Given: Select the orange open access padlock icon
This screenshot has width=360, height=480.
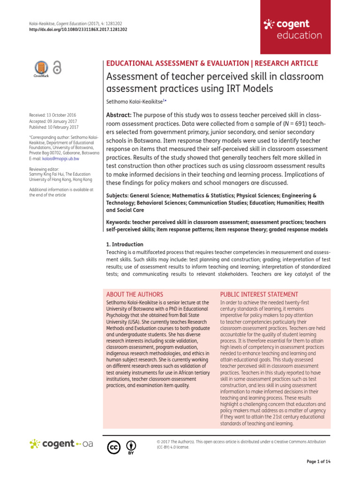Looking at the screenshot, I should pyautogui.click(x=57, y=68).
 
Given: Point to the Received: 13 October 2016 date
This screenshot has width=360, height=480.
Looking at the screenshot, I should pyautogui.click(x=52, y=115).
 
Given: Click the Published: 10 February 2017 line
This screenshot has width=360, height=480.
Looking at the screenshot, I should pyautogui.click(x=53, y=127).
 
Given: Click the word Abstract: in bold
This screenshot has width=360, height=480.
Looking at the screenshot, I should pyautogui.click(x=120, y=115).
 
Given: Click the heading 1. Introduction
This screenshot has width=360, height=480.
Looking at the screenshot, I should pyautogui.click(x=125, y=244).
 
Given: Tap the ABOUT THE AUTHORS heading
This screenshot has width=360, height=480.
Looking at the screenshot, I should pyautogui.click(x=135, y=294).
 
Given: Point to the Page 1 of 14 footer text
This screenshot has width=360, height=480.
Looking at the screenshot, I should pyautogui.click(x=318, y=462).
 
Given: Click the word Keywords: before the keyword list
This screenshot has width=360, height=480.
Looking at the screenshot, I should pyautogui.click(x=120, y=221).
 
